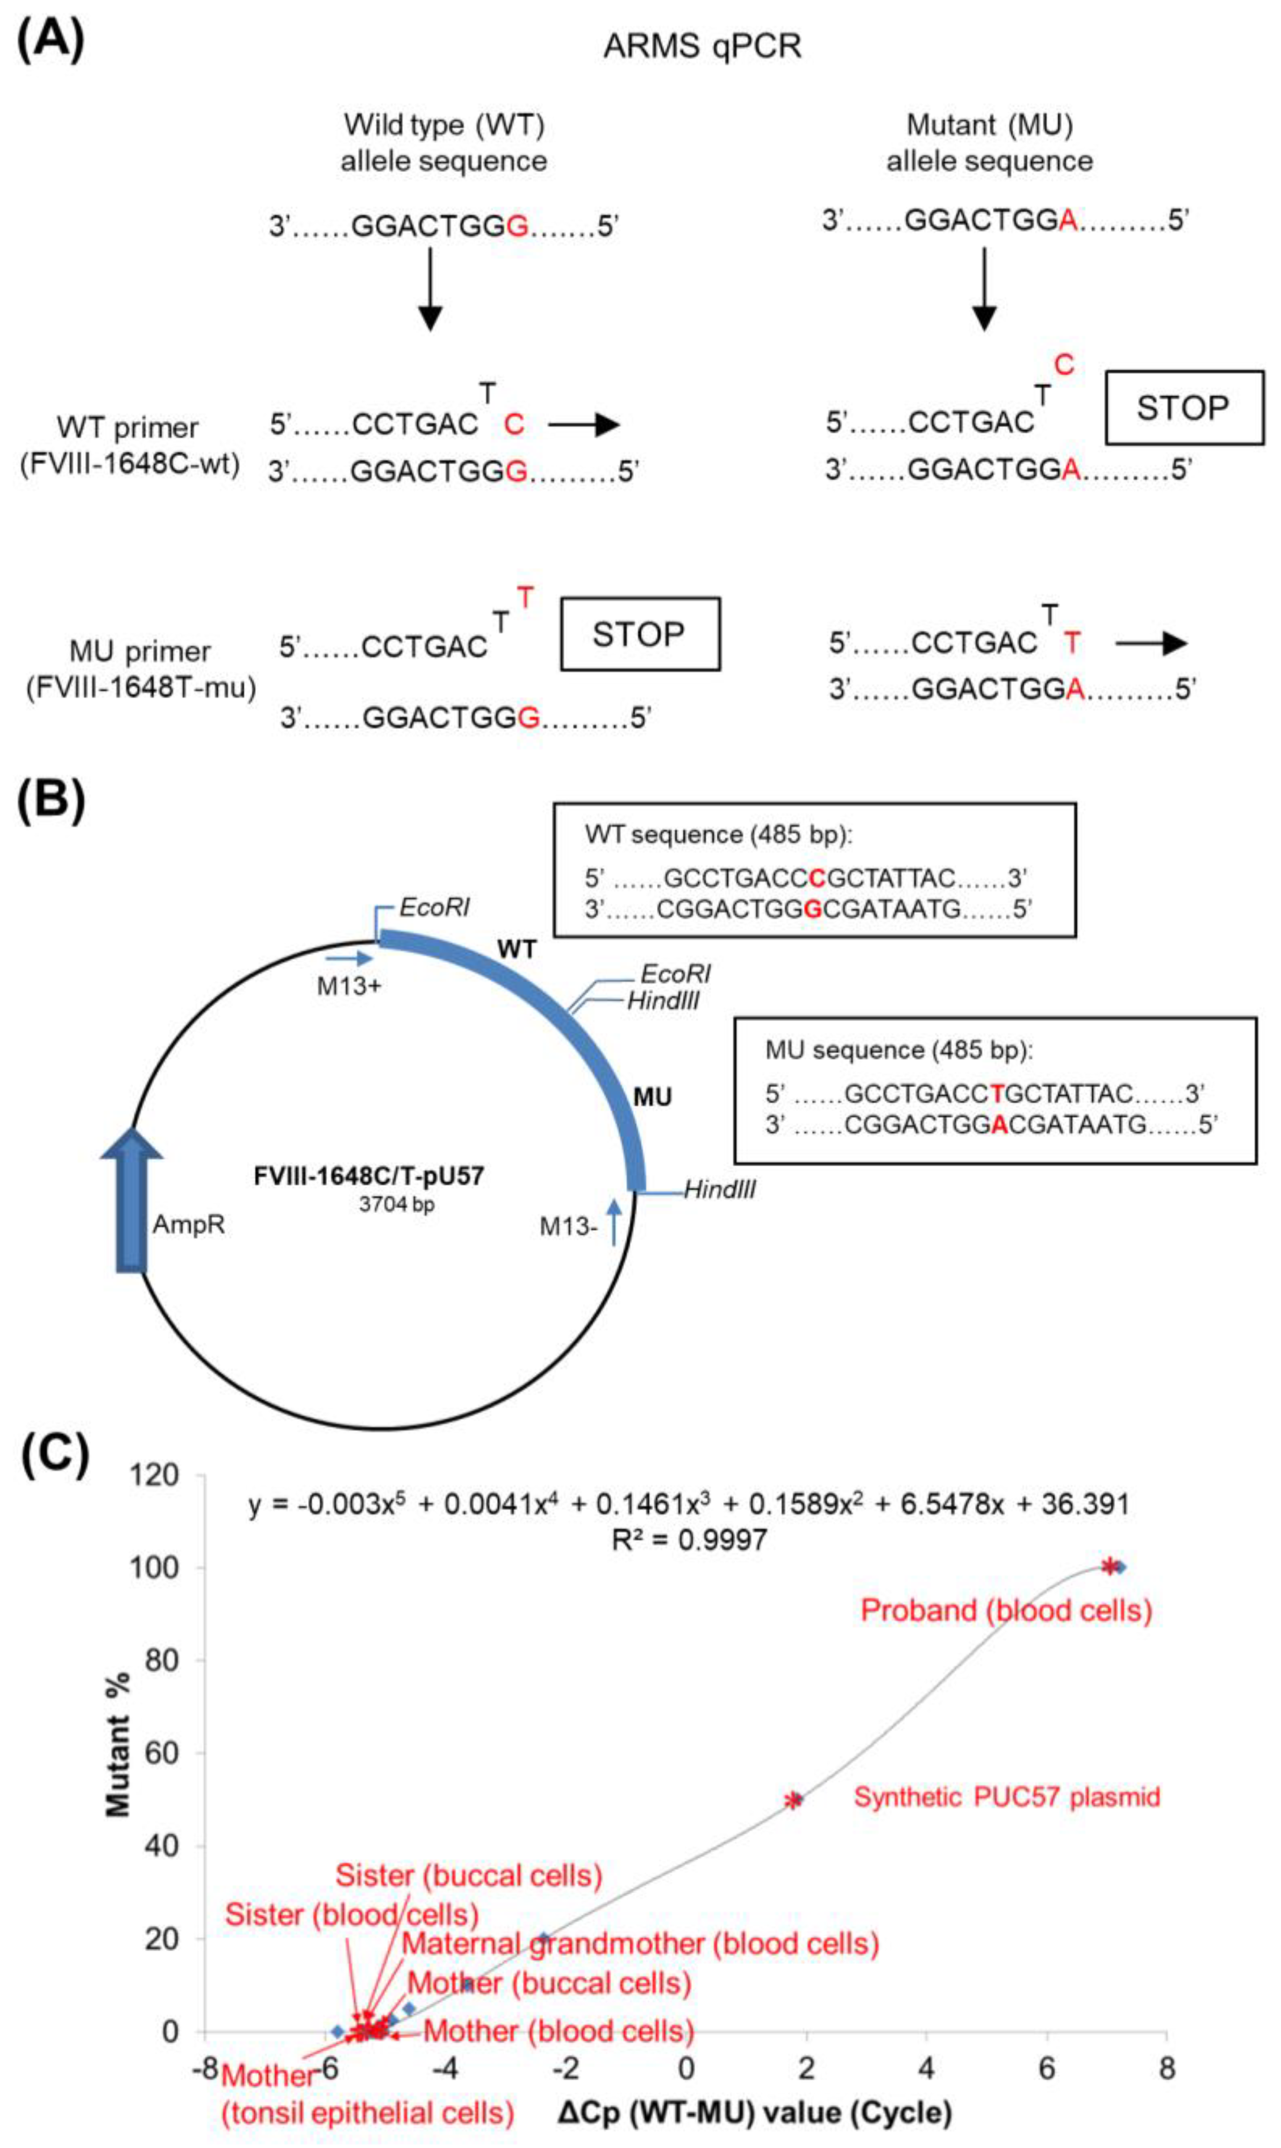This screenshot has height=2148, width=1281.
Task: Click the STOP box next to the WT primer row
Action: click(1184, 408)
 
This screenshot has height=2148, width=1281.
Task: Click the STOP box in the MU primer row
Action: click(640, 634)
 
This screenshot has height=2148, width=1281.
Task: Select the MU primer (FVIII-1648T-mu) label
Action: click(141, 669)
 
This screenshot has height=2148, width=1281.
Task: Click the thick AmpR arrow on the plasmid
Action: click(131, 1200)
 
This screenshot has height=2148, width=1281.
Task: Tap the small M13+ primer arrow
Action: click(349, 958)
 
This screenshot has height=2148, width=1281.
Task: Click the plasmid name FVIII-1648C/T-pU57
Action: click(369, 1176)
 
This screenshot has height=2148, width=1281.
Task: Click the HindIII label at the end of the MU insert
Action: click(720, 1190)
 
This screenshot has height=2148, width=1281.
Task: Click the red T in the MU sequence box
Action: click(998, 1094)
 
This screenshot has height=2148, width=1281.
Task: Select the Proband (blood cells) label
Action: click(1006, 1610)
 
